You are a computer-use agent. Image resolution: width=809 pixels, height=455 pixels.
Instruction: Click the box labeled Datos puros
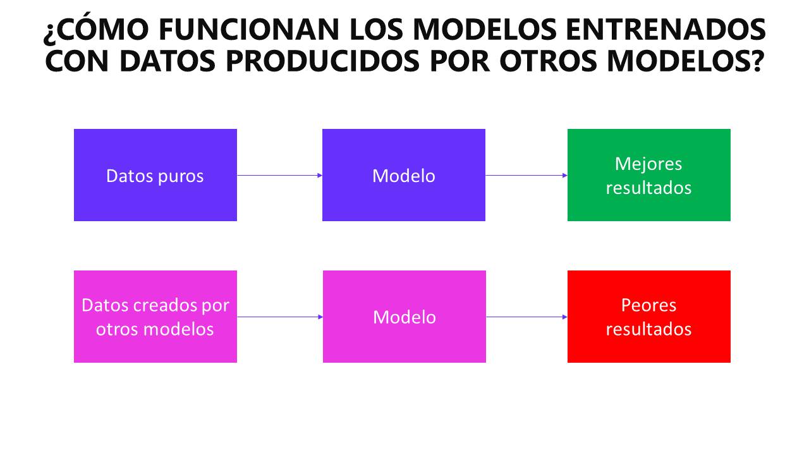(155, 175)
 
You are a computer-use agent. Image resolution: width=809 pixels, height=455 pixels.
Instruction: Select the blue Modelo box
(404, 175)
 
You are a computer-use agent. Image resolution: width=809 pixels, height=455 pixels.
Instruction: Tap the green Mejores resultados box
(649, 175)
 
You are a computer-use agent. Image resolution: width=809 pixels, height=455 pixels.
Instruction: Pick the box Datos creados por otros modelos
(155, 317)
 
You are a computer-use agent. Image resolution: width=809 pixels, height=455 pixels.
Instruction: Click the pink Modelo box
(404, 317)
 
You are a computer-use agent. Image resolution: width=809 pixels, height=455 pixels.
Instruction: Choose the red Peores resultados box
(649, 317)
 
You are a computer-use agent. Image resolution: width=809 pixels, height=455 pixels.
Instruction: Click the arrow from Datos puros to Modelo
(279, 176)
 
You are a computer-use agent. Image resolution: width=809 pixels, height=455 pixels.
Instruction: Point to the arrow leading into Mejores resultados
(526, 176)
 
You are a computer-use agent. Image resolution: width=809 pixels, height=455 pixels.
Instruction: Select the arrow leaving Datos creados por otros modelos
(280, 317)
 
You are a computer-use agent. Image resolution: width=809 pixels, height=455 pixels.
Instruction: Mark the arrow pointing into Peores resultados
(527, 317)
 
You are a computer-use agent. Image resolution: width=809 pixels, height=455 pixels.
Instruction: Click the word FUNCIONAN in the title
(248, 30)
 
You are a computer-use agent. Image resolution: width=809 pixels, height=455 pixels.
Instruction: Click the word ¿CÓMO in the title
(96, 29)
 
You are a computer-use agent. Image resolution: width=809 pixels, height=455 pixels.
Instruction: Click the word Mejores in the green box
(648, 164)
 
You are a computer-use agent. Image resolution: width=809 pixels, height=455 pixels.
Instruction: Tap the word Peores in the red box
(648, 305)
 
